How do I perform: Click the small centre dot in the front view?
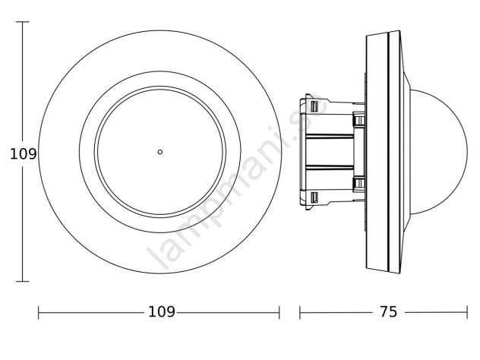tap(159, 152)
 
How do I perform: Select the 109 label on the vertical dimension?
tap(24, 153)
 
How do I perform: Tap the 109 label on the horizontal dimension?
tap(162, 312)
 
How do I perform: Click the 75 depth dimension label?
tap(389, 312)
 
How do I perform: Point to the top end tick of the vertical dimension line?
tap(22, 22)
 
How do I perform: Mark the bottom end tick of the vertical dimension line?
tap(22, 281)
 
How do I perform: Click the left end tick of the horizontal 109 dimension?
tap(39, 313)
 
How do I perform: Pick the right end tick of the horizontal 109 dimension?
tap(279, 313)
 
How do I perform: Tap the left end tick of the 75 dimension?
tap(300, 313)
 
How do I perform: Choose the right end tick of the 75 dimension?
tap(467, 313)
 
